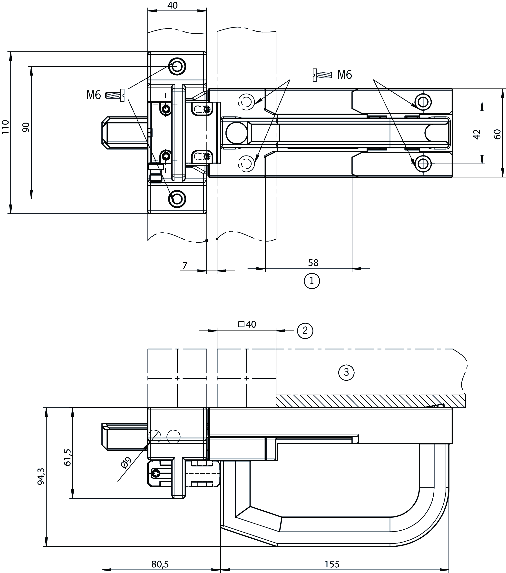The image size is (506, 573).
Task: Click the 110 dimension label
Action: [6, 127]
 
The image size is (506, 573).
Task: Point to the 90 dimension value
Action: [26, 127]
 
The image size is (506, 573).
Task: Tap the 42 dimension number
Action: [477, 134]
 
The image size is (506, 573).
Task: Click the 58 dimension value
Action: [313, 263]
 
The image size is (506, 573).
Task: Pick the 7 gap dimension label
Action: [185, 265]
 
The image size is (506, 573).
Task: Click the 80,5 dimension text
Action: [160, 564]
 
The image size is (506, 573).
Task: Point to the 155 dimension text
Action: [332, 564]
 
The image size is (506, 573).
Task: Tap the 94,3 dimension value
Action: [41, 476]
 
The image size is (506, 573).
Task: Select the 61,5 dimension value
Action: [68, 457]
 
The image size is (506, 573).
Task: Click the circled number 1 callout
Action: [312, 281]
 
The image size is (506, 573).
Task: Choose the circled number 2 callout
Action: [305, 330]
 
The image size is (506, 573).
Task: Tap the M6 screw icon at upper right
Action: [322, 75]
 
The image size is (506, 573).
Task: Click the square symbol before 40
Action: [241, 324]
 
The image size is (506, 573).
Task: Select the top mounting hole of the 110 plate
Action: [177, 66]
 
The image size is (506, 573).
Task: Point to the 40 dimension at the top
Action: [173, 5]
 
